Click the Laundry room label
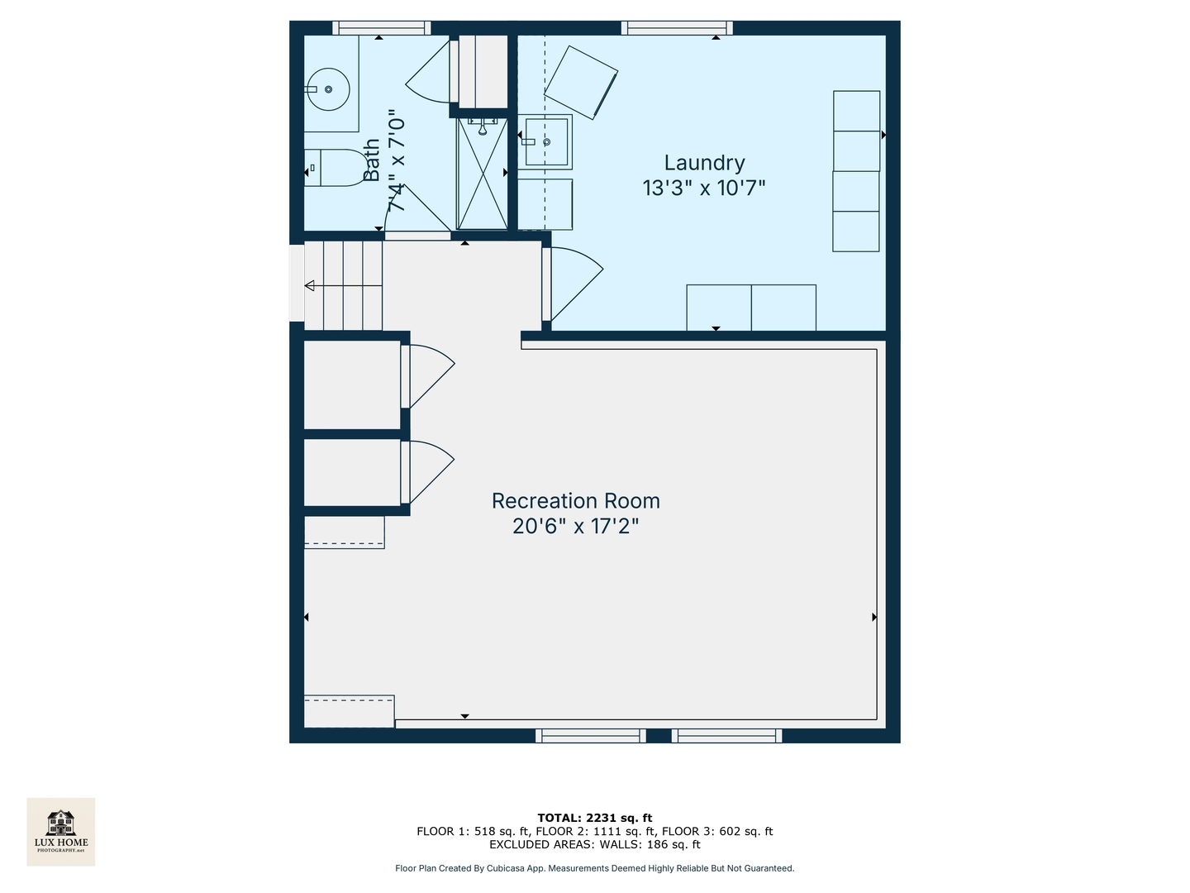704,163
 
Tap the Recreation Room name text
575,501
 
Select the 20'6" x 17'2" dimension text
575,526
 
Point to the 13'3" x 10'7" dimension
704,188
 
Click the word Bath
372,160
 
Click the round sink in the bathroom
328,88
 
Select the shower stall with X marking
482,174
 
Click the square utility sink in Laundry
545,141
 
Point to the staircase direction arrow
311,286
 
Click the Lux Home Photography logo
60,831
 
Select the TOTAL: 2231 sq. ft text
594,819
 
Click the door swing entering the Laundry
575,284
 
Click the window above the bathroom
381,27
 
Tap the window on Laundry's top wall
677,27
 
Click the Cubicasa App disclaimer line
594,868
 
